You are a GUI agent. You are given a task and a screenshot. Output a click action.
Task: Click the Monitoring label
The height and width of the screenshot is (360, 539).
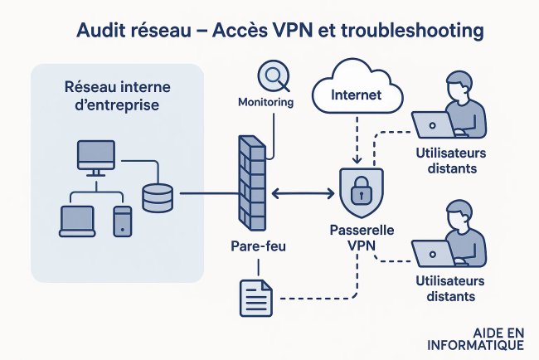pyautogui.click(x=265, y=103)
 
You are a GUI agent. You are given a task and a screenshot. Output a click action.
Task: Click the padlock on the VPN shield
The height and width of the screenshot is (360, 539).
pyautogui.click(x=359, y=193)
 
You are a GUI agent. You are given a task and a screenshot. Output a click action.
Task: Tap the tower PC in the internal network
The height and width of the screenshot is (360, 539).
pyautogui.click(x=122, y=220)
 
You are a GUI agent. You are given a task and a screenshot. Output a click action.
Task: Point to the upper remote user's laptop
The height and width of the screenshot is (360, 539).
pyautogui.click(x=433, y=124)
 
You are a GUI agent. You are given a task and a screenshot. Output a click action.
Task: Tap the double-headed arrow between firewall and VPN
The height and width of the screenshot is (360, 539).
pyautogui.click(x=299, y=194)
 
